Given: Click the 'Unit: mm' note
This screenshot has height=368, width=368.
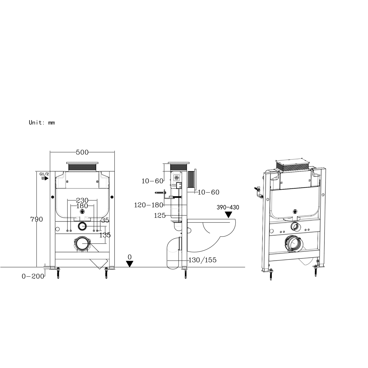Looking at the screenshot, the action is [x=42, y=122].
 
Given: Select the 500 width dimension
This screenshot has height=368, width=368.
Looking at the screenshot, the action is [x=82, y=152].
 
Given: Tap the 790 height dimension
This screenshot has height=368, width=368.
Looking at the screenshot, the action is [x=37, y=219].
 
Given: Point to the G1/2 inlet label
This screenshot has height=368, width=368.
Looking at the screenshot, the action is [x=44, y=174].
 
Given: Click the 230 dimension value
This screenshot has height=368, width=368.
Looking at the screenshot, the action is [x=82, y=200].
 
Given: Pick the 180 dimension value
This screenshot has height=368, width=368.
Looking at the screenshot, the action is [x=82, y=206].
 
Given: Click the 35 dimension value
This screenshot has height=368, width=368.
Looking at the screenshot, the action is [x=105, y=220].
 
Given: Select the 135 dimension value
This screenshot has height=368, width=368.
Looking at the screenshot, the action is [x=105, y=235].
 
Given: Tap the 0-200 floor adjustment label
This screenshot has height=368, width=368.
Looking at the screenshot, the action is [x=33, y=276].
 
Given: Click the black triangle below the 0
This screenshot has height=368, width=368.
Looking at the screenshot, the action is [x=130, y=264].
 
